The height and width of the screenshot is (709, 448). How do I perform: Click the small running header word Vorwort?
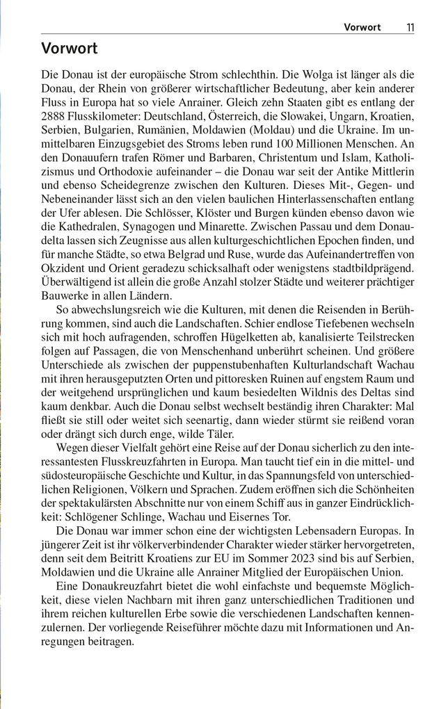tap(362, 28)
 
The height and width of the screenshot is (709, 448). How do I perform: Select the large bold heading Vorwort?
tap(69, 49)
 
